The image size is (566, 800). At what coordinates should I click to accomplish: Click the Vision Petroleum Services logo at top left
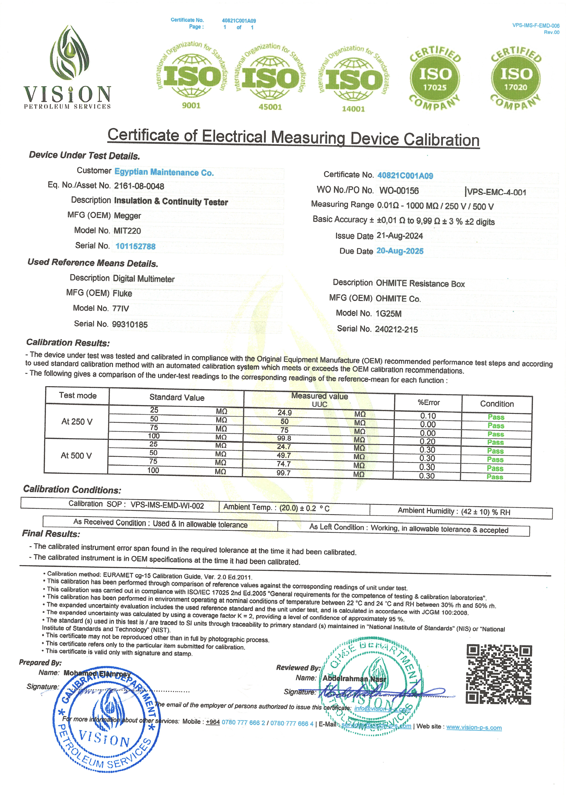67,67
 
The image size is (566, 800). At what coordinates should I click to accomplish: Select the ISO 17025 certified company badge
435,78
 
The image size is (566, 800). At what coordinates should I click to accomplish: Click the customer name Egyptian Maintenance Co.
164,173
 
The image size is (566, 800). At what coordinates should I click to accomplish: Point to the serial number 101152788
135,246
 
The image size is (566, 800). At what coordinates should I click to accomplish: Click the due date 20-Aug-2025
400,251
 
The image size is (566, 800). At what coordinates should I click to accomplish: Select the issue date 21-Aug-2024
399,236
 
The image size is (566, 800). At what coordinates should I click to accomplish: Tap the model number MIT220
127,231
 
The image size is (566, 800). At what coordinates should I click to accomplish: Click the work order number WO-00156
399,191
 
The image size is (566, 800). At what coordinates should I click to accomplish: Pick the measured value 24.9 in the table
285,413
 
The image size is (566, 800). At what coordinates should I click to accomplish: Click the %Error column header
429,403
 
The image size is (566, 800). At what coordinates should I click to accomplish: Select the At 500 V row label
76,456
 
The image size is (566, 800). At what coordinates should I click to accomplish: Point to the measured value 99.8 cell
284,438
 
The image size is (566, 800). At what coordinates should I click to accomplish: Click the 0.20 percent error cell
427,442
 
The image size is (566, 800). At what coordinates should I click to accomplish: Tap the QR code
499,674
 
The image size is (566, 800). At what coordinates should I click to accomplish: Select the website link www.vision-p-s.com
474,727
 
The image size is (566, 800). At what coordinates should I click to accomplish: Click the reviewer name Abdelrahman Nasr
354,679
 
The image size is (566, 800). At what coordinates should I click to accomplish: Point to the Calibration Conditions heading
72,490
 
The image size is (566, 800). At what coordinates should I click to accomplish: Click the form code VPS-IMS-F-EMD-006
535,26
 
